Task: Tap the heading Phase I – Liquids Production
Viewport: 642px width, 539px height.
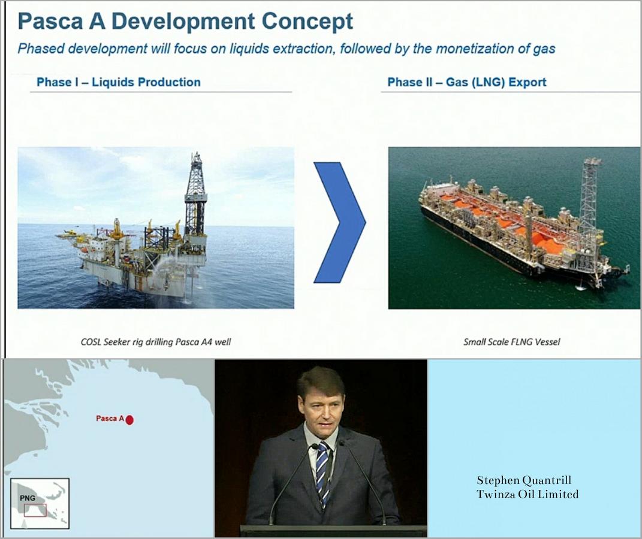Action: (119, 82)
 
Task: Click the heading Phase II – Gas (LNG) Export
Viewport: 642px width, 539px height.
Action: (467, 82)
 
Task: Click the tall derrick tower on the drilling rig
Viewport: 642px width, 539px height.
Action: (195, 192)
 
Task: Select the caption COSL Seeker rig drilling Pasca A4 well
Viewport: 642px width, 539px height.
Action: (156, 342)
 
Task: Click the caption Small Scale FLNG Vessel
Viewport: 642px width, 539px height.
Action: (511, 342)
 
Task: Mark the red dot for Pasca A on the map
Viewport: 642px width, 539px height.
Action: (129, 420)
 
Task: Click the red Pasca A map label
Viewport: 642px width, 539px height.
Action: (110, 419)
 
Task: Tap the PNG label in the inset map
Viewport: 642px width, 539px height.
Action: (28, 498)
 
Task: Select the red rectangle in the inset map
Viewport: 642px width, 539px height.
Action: (35, 510)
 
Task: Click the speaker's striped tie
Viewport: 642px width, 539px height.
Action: (323, 470)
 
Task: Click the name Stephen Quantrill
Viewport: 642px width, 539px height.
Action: (524, 480)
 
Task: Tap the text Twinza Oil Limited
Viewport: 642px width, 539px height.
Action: (528, 494)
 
